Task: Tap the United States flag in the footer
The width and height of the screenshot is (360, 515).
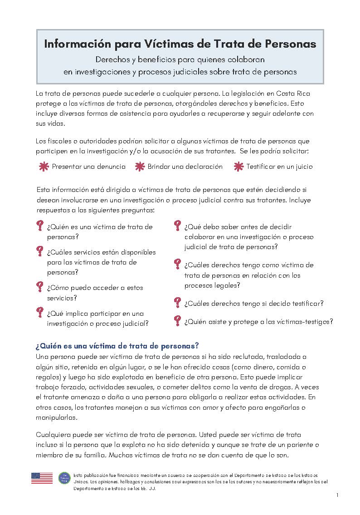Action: tap(42, 478)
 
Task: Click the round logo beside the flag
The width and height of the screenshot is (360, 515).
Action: tap(64, 478)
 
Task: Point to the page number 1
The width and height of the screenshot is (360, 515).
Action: tap(337, 495)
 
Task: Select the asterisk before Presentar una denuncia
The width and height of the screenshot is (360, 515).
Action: tap(44, 167)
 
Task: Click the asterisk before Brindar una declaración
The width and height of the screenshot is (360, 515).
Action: tap(140, 167)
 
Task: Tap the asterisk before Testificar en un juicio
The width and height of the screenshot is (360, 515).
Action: tap(238, 167)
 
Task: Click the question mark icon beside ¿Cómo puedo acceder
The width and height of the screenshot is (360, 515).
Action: tap(40, 287)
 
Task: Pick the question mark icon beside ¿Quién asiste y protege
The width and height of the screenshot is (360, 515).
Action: tap(178, 321)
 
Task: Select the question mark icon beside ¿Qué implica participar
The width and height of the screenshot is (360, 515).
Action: tap(40, 313)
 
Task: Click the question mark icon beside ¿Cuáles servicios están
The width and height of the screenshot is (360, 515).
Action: tap(40, 252)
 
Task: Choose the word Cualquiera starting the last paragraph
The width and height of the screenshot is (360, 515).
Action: tap(53, 435)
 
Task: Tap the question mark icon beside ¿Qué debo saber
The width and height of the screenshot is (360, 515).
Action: tap(178, 226)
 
